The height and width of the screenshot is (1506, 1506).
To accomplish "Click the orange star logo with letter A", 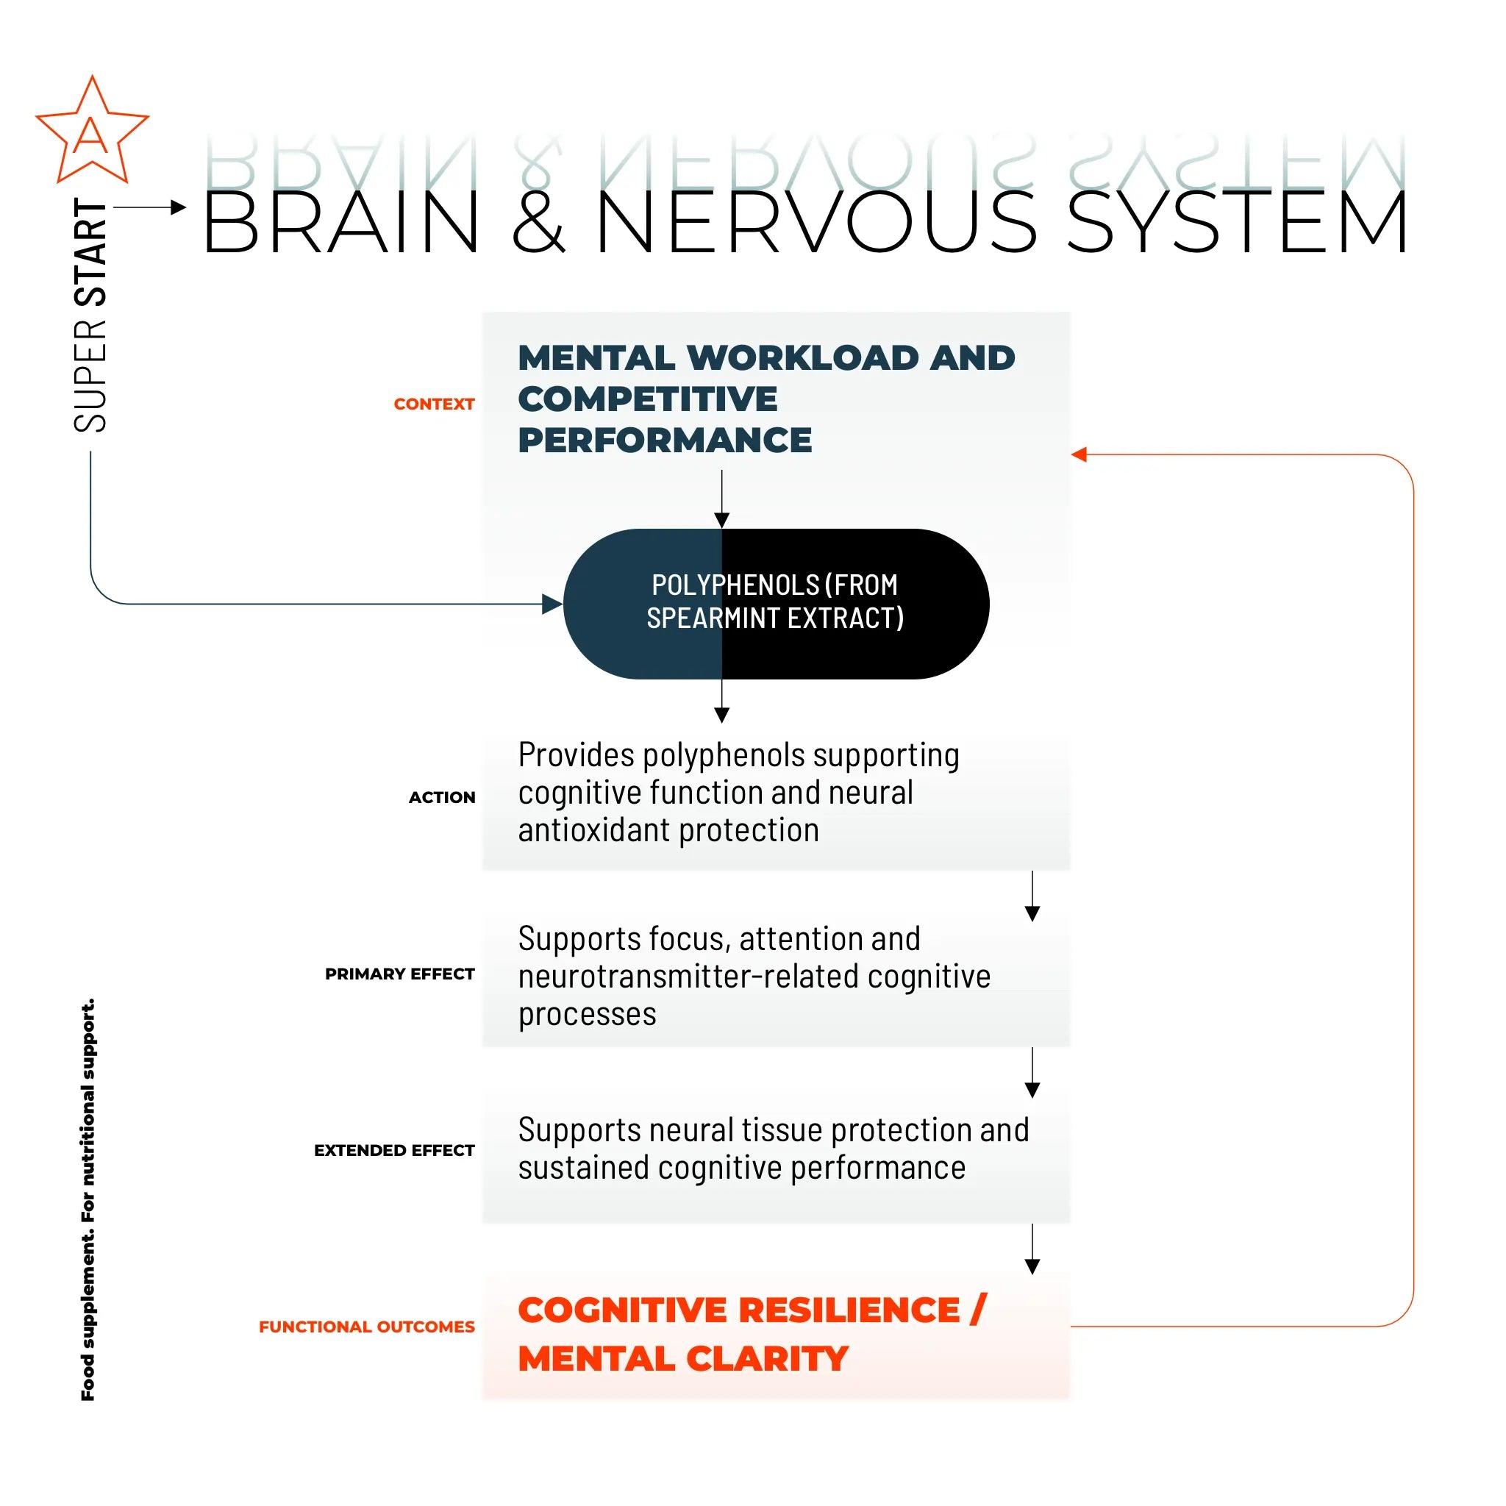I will click(x=91, y=132).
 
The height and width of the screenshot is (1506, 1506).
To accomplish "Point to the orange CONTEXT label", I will click(x=433, y=404).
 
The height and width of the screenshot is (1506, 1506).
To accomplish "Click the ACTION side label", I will click(x=441, y=797).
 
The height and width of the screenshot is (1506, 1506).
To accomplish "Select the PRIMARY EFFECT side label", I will click(x=399, y=974).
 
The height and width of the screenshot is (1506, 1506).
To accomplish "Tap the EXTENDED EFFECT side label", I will click(x=393, y=1151).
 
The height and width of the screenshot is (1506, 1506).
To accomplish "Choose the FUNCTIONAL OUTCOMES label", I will click(x=366, y=1327).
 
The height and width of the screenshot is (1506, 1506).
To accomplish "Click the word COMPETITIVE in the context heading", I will click(x=647, y=399).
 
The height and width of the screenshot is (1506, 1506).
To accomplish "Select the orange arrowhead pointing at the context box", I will click(x=1079, y=454).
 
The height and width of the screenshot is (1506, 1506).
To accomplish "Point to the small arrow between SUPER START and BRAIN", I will click(x=150, y=207).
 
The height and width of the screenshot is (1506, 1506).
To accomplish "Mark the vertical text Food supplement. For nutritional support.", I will click(x=88, y=1199).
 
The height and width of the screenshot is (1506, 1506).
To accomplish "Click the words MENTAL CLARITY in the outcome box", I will click(x=683, y=1359).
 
